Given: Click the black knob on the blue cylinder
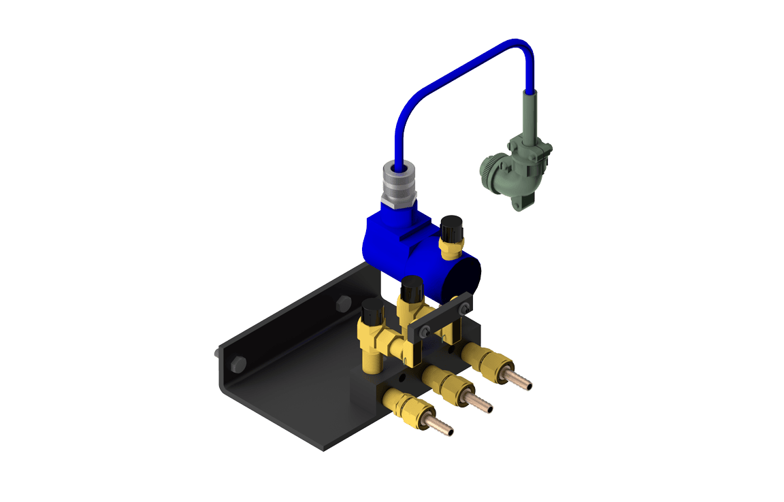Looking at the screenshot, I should pos(451,227).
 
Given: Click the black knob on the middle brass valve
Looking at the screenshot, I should pos(411,290).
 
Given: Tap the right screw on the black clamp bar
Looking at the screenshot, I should pos(464,309).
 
